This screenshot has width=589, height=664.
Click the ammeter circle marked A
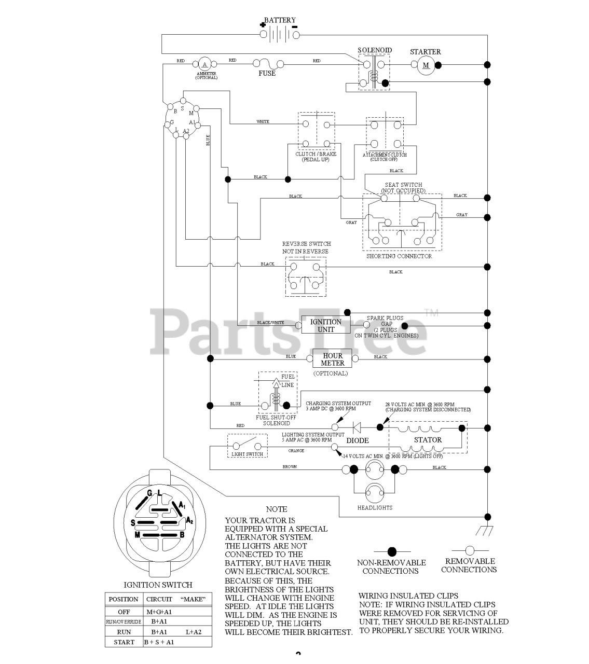coord(204,64)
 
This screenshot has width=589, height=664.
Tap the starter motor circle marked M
coord(426,65)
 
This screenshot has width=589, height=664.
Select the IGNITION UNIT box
coord(326,325)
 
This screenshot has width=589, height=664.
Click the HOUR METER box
coord(333,359)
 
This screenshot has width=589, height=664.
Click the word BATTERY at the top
coord(280,20)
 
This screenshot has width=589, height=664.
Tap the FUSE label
coord(267,74)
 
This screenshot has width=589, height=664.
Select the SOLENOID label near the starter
coord(375,50)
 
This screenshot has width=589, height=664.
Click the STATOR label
coord(428,440)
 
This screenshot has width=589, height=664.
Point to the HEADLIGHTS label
coord(375,508)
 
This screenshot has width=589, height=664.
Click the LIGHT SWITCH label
coord(247,454)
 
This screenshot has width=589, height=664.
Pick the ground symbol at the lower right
coord(484,531)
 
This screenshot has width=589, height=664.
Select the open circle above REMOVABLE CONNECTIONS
coord(470,550)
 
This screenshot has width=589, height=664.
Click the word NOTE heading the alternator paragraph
coord(276,509)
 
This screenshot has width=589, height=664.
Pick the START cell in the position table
coord(124,642)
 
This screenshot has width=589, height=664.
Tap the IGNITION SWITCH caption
coord(158,585)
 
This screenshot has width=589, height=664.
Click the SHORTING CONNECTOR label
coord(399,256)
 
